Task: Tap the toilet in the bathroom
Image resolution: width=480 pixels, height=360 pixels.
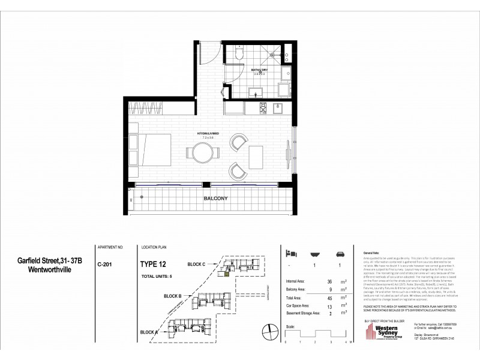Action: coord(239,55)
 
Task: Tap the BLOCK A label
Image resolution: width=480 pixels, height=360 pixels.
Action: coord(149,332)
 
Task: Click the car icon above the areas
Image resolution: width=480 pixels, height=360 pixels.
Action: coord(340,253)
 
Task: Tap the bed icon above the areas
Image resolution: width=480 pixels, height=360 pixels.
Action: coord(290,253)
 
